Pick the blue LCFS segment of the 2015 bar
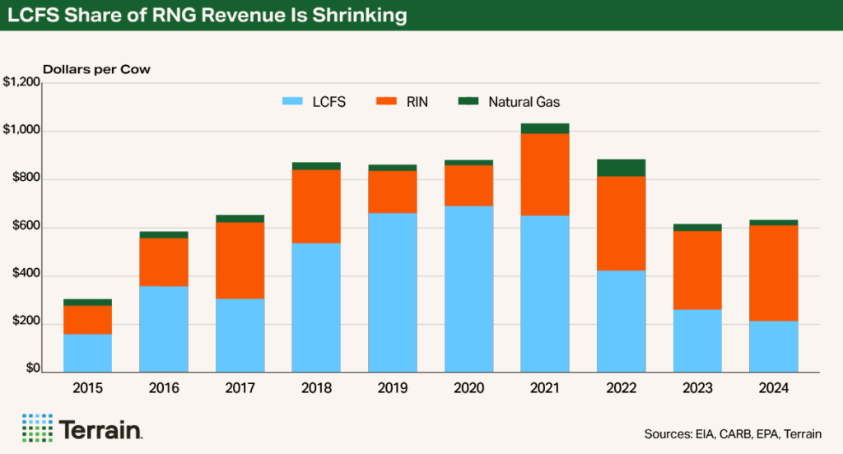87,352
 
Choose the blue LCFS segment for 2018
317,307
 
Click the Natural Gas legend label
524,102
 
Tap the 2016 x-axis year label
164,388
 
